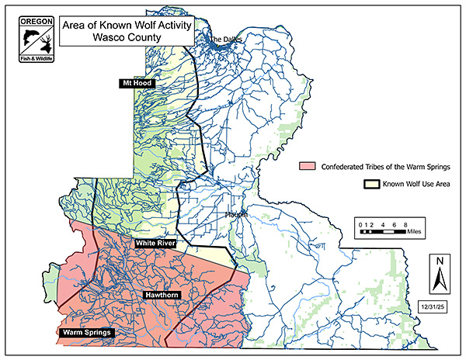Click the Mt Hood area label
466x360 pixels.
tap(135, 83)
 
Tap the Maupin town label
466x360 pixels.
tap(236, 213)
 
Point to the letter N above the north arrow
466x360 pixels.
tap(439, 261)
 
